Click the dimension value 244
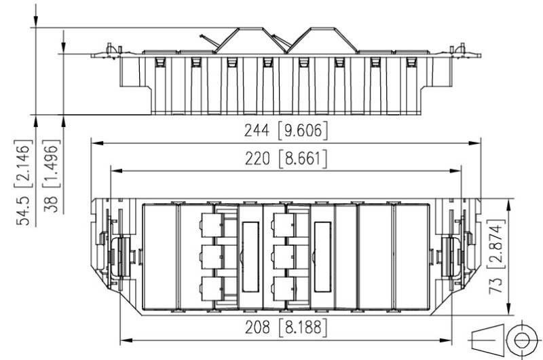point(257,130)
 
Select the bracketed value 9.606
point(303,130)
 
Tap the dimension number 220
point(257,159)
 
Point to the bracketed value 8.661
point(303,159)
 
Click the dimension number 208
point(257,327)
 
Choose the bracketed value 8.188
point(303,327)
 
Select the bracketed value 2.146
point(23,164)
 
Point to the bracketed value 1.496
point(51,164)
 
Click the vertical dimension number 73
point(495,285)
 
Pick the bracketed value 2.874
point(495,244)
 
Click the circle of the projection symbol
point(521,340)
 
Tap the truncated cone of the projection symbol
point(487,340)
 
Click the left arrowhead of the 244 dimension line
point(97,143)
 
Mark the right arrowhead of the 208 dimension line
point(446,340)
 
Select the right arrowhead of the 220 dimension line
point(455,170)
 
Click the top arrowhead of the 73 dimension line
point(508,205)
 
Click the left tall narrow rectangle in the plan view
point(250,257)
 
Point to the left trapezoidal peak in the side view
point(250,40)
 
